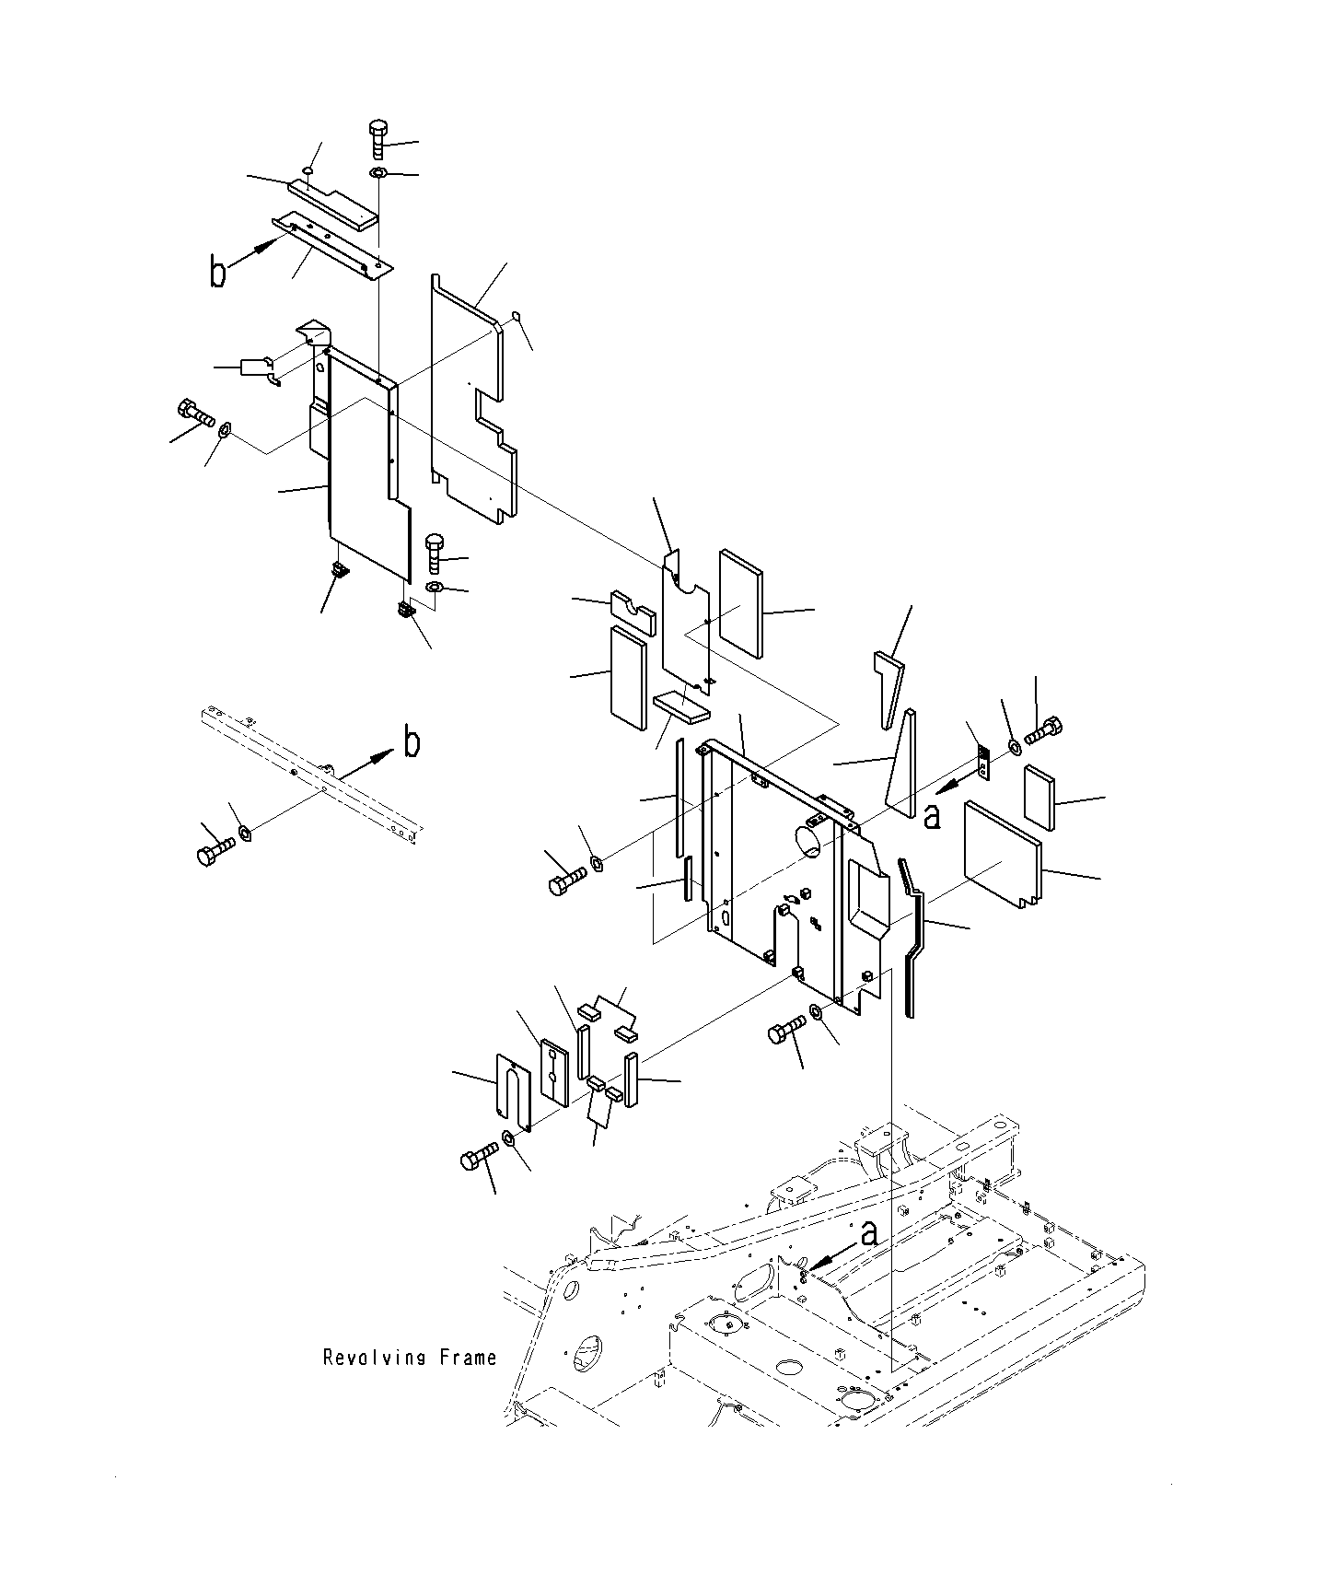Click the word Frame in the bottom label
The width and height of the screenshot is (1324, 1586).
point(470,1357)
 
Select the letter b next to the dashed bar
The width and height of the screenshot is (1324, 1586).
point(412,741)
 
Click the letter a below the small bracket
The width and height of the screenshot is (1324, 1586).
point(932,815)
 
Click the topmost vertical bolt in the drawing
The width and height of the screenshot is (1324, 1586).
point(378,137)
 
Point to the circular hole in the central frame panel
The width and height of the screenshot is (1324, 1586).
point(807,840)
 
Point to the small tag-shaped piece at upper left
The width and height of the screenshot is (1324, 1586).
point(256,367)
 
